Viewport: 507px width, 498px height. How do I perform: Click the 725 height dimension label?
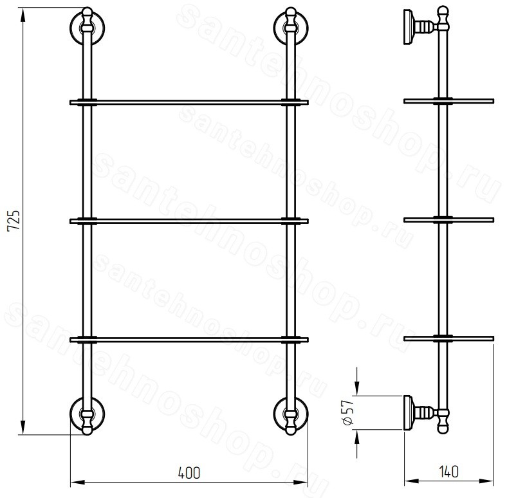(x=14, y=220)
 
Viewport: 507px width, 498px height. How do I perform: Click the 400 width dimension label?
(x=189, y=473)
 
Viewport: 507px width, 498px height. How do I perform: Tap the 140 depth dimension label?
(x=449, y=472)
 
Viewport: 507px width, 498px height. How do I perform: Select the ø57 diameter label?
(x=348, y=412)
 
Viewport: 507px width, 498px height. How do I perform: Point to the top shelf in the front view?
(x=189, y=102)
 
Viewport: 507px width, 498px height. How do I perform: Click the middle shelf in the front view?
(x=189, y=221)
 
